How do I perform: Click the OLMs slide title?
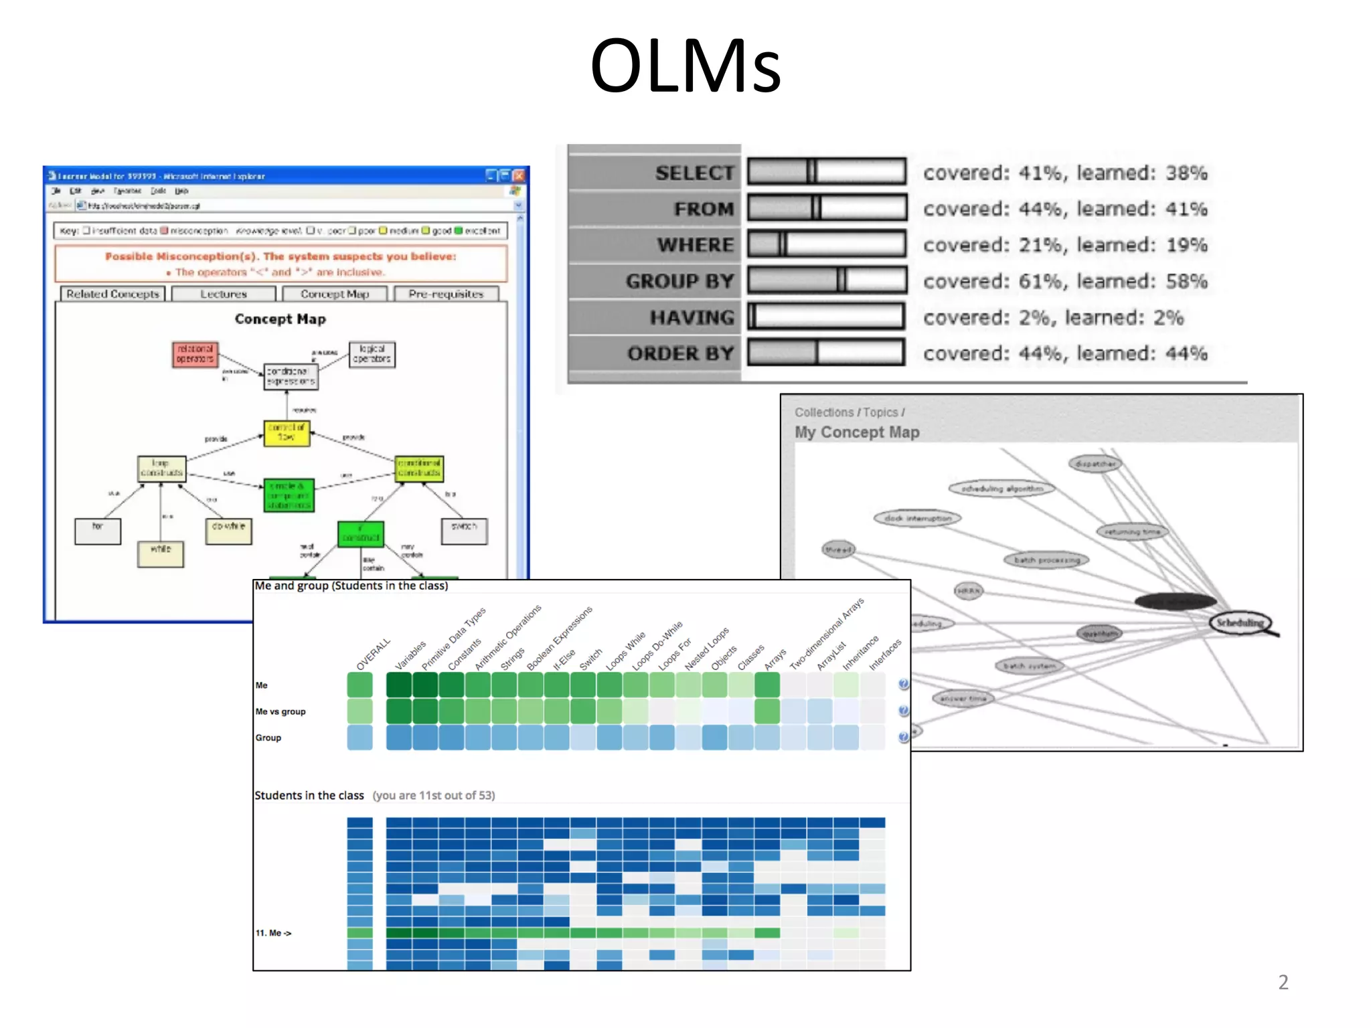pos(685,66)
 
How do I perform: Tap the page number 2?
pos(1283,982)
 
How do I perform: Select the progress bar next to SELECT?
pos(827,172)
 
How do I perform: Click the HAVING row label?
pos(692,317)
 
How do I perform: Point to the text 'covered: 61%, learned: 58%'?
pos(1065,282)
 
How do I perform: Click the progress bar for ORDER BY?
pos(827,353)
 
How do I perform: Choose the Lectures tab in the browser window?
pos(224,294)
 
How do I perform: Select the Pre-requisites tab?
pos(446,294)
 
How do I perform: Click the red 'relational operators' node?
pos(195,354)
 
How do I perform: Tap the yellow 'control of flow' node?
pos(287,432)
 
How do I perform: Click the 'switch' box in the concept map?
pos(464,531)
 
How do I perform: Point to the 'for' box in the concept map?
pos(98,531)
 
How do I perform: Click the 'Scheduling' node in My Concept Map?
pos(1240,623)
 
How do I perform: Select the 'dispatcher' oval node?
pos(1095,463)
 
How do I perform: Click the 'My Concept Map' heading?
pos(857,432)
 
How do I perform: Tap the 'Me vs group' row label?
pos(280,711)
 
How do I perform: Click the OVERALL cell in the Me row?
pos(359,685)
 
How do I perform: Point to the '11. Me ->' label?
pos(273,933)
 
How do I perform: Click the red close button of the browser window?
pos(519,176)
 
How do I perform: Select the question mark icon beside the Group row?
pos(903,737)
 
